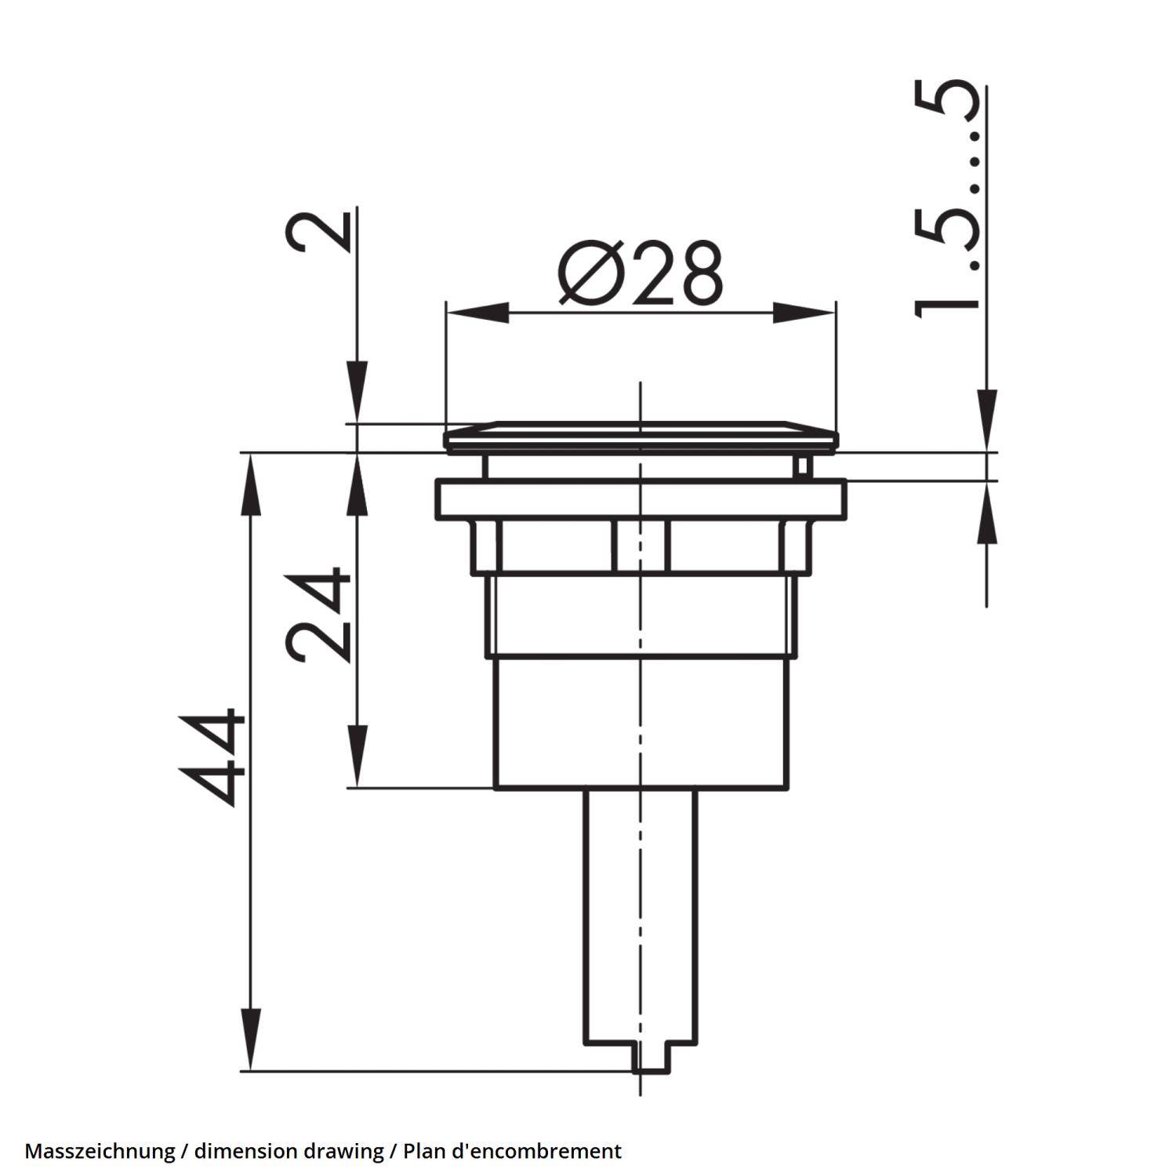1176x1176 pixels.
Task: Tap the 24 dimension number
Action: click(x=318, y=615)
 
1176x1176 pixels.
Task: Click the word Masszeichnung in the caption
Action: click(x=100, y=1151)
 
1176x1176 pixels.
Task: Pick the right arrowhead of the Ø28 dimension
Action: click(x=804, y=312)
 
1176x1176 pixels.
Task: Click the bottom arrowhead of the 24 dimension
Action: click(x=357, y=756)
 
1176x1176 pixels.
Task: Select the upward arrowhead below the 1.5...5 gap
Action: click(x=986, y=514)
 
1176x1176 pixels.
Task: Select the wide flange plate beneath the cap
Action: click(x=641, y=500)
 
